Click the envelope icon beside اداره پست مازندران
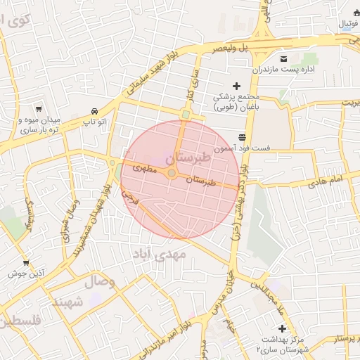(x=283, y=58)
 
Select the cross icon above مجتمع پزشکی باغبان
(x=236, y=86)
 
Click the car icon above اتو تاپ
(x=94, y=111)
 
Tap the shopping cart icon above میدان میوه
(x=38, y=109)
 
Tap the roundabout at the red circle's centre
(x=172, y=173)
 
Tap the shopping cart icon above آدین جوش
(x=27, y=263)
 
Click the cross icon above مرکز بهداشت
(x=282, y=328)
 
